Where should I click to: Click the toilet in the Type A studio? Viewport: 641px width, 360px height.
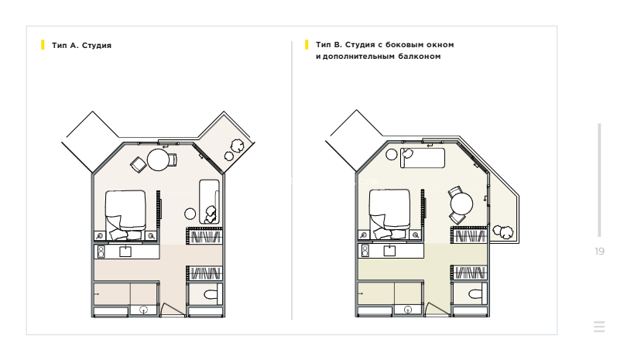(211, 294)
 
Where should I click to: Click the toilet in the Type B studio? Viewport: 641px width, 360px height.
(475, 293)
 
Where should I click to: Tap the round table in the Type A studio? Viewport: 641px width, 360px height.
(158, 159)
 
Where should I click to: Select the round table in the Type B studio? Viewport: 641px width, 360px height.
(461, 204)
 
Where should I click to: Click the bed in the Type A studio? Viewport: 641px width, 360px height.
(125, 214)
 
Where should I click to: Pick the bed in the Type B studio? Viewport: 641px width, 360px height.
(389, 214)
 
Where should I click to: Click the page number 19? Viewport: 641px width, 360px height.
(599, 252)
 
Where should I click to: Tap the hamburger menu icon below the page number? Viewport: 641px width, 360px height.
(599, 327)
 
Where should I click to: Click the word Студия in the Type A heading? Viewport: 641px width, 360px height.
(97, 46)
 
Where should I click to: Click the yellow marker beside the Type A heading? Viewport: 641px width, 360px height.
(43, 45)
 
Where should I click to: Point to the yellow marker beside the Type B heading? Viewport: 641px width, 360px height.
(307, 45)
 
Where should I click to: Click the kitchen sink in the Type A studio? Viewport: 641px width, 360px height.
(125, 251)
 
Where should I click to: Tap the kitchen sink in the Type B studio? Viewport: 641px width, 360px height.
(389, 250)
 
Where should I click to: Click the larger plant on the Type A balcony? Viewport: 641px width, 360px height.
(237, 146)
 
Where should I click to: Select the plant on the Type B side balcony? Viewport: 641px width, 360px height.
(503, 231)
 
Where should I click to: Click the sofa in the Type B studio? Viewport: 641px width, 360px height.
(422, 158)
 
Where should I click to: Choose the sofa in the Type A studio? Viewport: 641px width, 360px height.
(209, 201)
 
